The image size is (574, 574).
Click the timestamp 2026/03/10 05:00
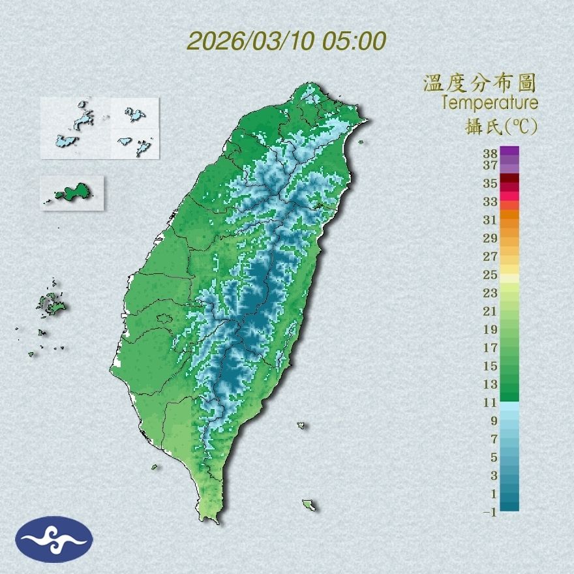tap(286, 40)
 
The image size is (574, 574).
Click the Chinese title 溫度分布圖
tap(479, 83)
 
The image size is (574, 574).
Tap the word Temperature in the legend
tap(489, 103)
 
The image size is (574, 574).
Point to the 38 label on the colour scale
tap(491, 153)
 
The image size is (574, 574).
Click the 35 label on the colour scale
tap(491, 183)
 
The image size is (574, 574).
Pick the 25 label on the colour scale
tap(491, 275)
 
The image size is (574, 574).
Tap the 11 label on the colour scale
tap(491, 402)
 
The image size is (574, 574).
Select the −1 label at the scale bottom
tap(489, 512)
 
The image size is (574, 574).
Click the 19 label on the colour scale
tap(491, 329)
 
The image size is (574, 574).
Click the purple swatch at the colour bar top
tap(509, 151)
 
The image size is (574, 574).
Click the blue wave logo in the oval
tap(54, 539)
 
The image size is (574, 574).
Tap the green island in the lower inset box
tap(72, 192)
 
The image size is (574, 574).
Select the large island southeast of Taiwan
tap(309, 504)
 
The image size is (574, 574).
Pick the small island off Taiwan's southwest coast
tap(155, 466)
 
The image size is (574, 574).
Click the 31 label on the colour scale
tap(491, 220)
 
